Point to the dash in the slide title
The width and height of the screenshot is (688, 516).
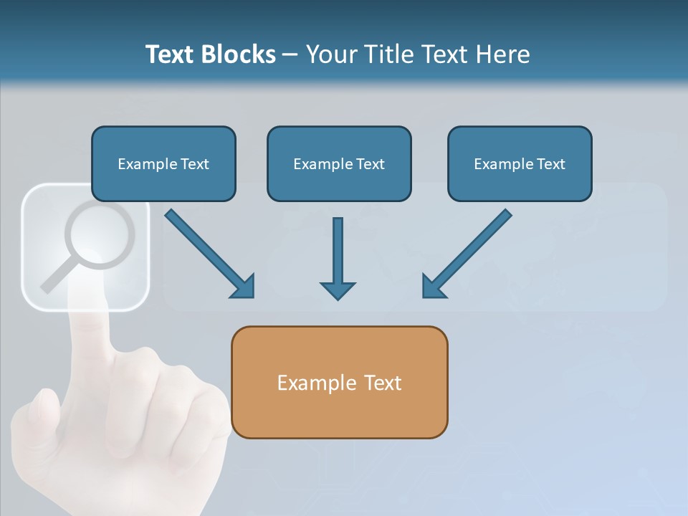(290, 54)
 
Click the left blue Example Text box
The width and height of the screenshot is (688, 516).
(163, 163)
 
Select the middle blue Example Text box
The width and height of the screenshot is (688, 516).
(339, 163)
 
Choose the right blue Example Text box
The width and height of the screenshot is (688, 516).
(520, 163)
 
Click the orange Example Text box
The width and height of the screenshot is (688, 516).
(339, 382)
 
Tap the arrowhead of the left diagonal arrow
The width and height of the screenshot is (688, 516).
(244, 287)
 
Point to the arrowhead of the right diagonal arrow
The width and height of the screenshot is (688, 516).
(433, 287)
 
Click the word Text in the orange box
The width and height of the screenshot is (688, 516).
(383, 383)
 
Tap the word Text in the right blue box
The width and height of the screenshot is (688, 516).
(550, 164)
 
